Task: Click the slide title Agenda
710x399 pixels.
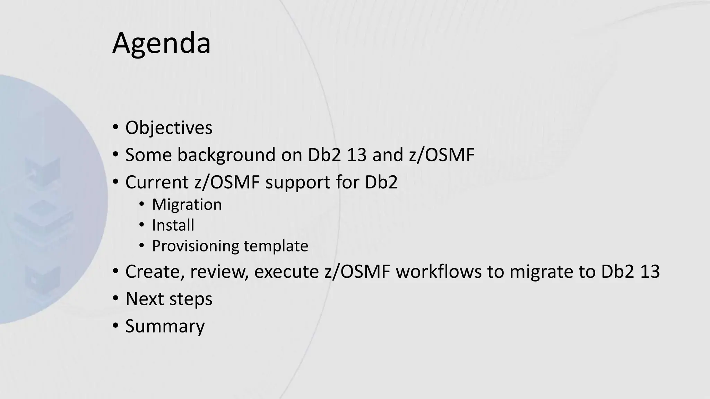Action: click(161, 43)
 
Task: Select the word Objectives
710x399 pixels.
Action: click(168, 128)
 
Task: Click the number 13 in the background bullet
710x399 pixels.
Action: click(356, 155)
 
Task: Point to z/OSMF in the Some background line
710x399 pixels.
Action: click(441, 155)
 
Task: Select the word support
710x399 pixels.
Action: click(297, 183)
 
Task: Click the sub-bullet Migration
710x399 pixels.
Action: click(187, 204)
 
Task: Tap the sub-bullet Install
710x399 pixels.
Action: click(173, 225)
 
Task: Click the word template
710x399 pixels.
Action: click(276, 246)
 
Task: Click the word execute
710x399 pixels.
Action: click(286, 272)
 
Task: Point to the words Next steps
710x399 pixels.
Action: click(168, 299)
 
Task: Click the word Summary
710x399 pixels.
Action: click(165, 326)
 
